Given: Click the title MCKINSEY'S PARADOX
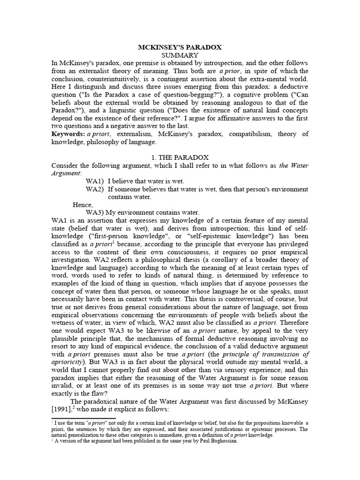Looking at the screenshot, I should pos(180,47).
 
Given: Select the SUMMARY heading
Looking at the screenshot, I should pos(180,55).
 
